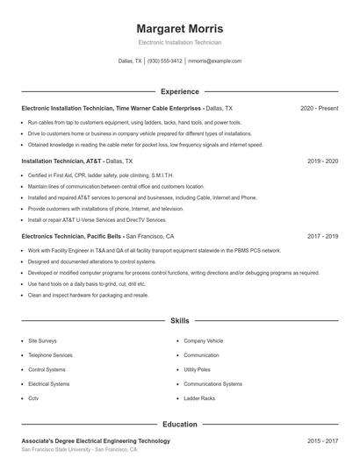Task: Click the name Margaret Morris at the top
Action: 179,28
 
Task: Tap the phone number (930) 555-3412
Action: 164,61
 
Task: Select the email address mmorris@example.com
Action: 214,61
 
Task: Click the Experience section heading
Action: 179,91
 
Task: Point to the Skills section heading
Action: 179,322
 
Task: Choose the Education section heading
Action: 179,424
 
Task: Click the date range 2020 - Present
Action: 320,108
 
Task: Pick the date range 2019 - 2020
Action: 323,161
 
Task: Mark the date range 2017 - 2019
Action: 323,236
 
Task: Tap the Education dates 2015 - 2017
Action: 323,440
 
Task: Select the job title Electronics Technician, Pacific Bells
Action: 72,236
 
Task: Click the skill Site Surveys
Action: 43,340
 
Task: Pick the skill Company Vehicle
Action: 203,340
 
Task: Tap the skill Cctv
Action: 34,398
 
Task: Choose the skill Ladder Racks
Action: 199,398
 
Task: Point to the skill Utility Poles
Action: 198,369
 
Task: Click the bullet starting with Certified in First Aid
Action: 93,175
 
